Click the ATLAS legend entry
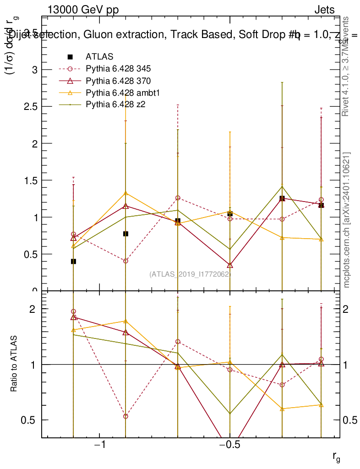click(x=99, y=57)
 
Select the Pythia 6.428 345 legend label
click(x=118, y=69)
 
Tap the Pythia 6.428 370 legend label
click(x=118, y=81)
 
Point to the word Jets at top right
click(x=324, y=10)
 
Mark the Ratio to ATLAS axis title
click(x=14, y=364)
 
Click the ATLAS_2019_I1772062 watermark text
click(x=190, y=274)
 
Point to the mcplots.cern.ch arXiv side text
click(x=347, y=220)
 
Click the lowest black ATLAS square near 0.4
click(x=73, y=262)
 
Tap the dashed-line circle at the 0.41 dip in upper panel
click(x=125, y=261)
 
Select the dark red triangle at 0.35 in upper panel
click(x=230, y=265)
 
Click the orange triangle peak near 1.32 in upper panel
click(x=125, y=193)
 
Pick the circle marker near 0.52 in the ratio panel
click(x=125, y=416)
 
